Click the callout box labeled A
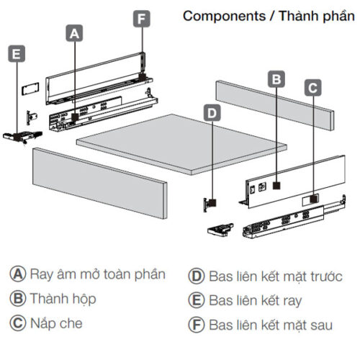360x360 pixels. coord(75,32)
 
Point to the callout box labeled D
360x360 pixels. coord(212,112)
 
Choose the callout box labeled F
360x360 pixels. coord(142,18)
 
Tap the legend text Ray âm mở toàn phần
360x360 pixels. coord(98,274)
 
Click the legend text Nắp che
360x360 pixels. coord(56,323)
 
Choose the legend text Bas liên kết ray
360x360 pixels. coord(255,300)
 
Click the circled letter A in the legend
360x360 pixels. coord(17,274)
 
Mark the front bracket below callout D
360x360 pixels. coord(211,203)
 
